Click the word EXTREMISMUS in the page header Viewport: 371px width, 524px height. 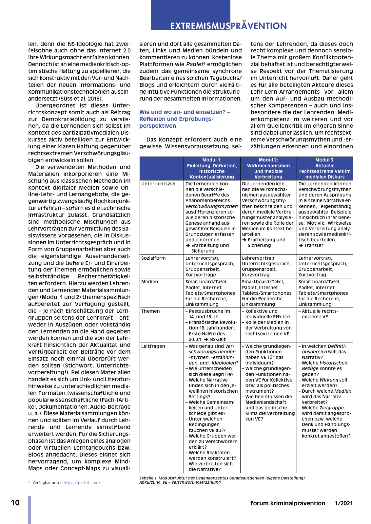200,26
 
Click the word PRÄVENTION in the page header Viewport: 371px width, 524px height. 259,26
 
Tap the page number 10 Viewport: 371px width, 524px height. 15,503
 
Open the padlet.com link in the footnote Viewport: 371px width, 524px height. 82,483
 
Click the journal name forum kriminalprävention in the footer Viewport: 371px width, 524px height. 288,503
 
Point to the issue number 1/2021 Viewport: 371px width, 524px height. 343,503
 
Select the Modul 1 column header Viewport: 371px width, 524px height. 212,168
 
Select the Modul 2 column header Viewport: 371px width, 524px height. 268,168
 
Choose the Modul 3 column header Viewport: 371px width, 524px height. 325,168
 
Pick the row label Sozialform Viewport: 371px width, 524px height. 153,258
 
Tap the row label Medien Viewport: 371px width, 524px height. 149,282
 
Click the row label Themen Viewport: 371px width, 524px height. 150,311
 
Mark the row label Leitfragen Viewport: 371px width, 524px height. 153,346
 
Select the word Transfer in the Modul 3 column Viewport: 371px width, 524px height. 314,245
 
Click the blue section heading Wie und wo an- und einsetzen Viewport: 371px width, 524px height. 185,119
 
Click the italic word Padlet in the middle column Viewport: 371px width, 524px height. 195,64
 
